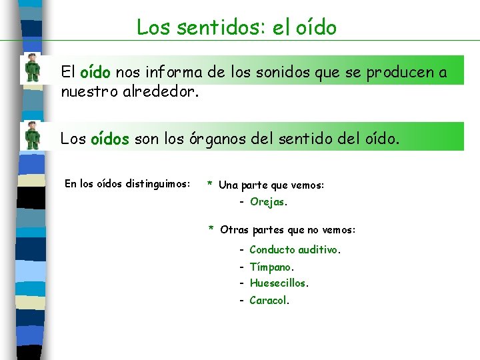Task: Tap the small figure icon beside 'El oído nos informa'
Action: pyautogui.click(x=32, y=68)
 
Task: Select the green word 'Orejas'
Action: pyautogui.click(x=268, y=201)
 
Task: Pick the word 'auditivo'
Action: pyautogui.click(x=318, y=249)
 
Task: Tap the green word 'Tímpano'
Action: pyautogui.click(x=271, y=267)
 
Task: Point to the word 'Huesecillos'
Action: pyautogui.click(x=278, y=283)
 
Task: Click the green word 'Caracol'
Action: pyautogui.click(x=268, y=300)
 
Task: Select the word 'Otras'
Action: pyautogui.click(x=234, y=230)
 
